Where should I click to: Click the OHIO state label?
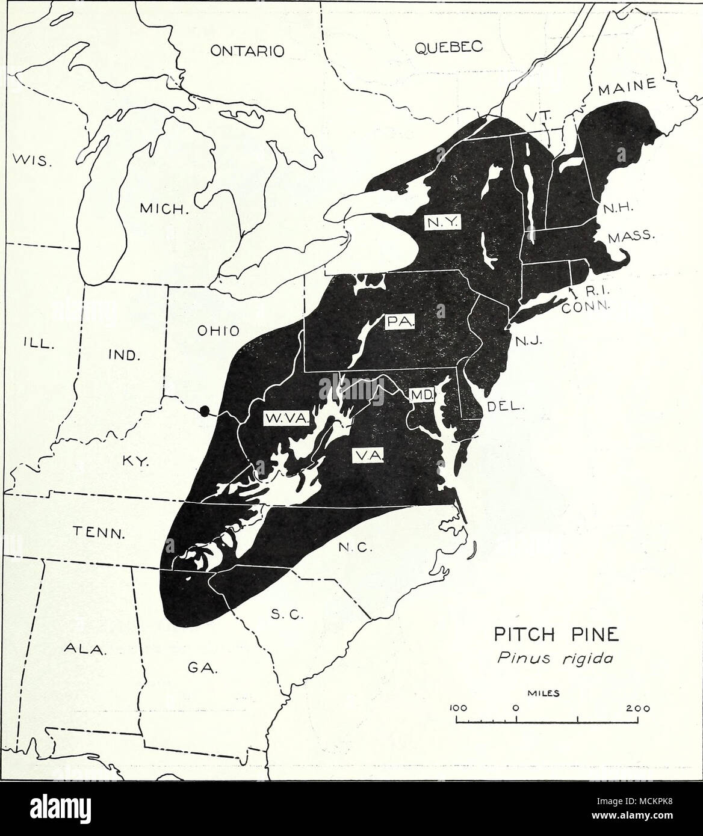click(x=218, y=330)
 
